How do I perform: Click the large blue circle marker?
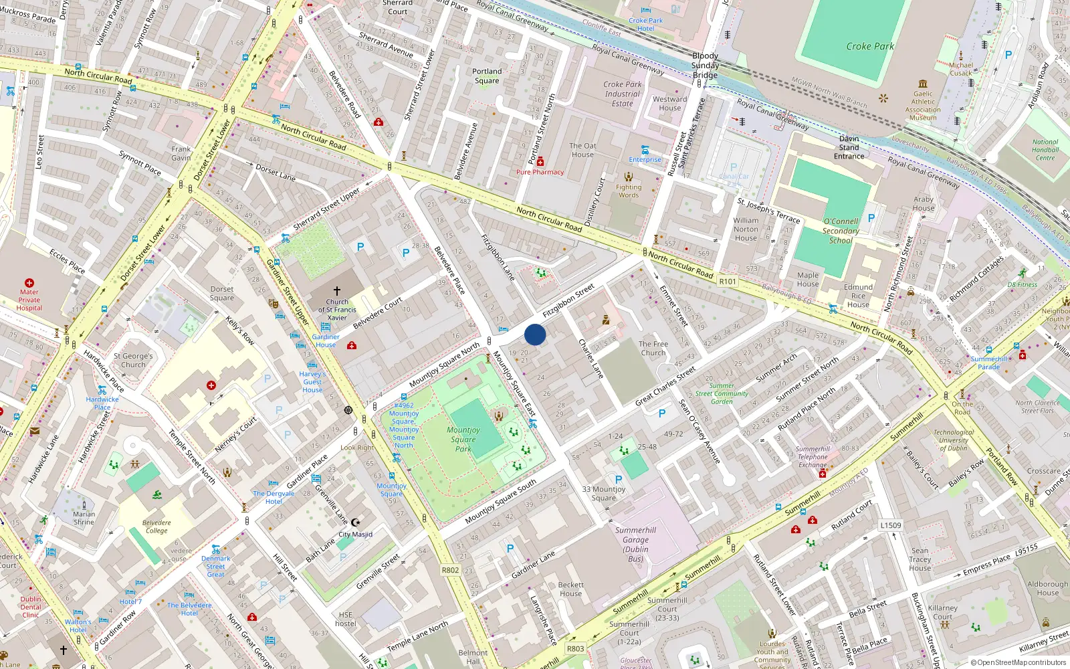[x=535, y=334]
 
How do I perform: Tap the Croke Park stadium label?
[x=869, y=46]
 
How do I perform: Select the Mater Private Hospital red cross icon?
[x=29, y=283]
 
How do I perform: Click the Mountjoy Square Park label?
[x=463, y=440]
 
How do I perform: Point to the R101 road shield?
[x=728, y=282]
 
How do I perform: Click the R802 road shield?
[x=450, y=570]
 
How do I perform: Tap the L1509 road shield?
[x=891, y=525]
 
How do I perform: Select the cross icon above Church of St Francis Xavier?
[x=337, y=291]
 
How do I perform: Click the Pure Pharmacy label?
[x=540, y=172]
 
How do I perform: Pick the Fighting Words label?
[x=628, y=191]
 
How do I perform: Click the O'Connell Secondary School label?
[x=841, y=231]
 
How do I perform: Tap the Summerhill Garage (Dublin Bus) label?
[x=635, y=544]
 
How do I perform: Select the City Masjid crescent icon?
[x=356, y=522]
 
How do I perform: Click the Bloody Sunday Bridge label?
[x=705, y=66]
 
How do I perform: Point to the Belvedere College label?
[x=156, y=527]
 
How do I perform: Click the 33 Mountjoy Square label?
[x=603, y=493]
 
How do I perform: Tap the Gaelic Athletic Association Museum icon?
[x=923, y=84]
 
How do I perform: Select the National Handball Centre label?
[x=1045, y=150]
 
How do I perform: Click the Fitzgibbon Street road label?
[x=568, y=301]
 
